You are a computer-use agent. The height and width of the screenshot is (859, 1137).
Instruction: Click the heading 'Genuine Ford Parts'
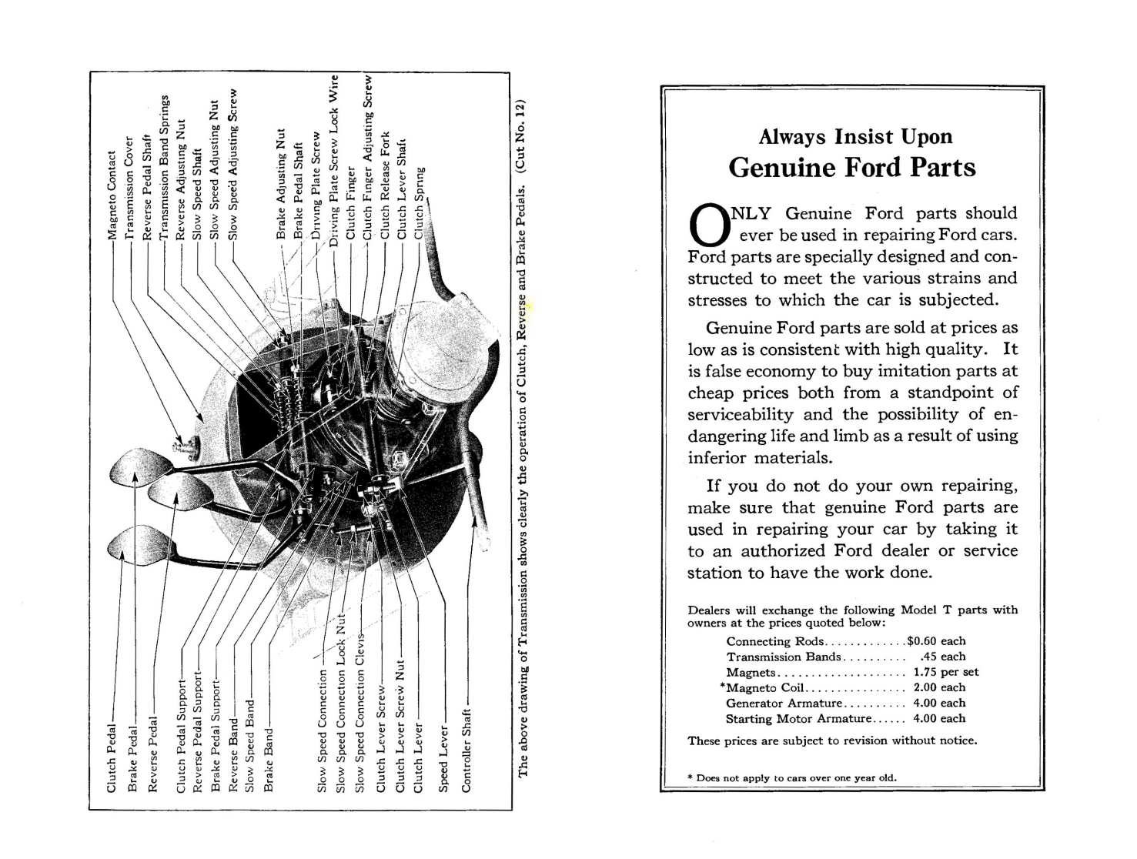tap(851, 168)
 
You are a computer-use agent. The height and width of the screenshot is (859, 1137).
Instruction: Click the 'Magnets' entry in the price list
tap(751, 672)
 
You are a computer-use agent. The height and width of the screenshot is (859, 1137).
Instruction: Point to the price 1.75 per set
tap(945, 672)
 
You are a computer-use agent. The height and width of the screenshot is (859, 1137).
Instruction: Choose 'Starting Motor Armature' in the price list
tap(798, 719)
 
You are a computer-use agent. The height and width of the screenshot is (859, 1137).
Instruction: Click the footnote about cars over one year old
tap(792, 777)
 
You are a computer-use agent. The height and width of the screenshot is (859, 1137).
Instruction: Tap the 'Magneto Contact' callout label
tap(112, 194)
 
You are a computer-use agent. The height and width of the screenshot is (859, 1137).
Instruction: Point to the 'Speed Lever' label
tap(443, 758)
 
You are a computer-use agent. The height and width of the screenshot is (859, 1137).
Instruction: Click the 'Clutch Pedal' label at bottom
tap(112, 758)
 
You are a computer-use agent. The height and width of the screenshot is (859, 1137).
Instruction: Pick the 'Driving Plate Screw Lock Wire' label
tap(334, 159)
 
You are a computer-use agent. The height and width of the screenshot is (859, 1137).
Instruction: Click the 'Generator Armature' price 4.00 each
tap(938, 703)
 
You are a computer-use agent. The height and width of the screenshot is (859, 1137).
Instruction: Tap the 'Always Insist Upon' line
tap(854, 137)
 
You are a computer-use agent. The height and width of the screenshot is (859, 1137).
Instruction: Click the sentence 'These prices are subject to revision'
tap(831, 740)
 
